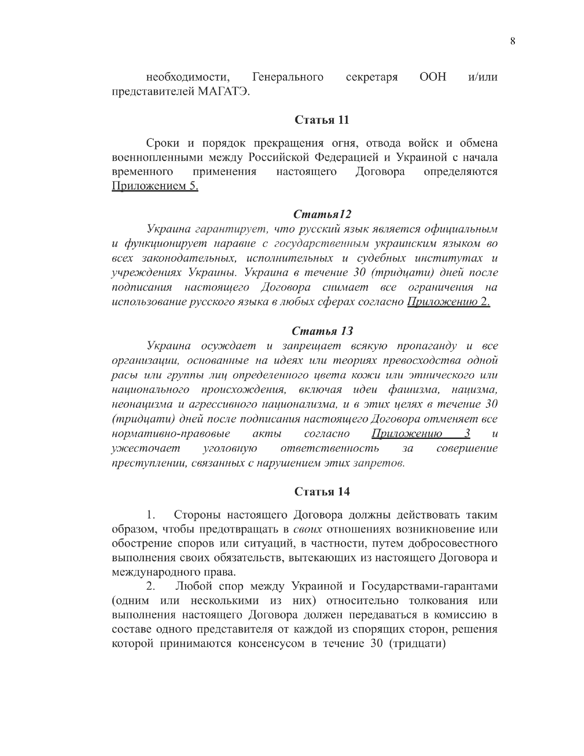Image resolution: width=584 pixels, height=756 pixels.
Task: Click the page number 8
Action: (x=513, y=41)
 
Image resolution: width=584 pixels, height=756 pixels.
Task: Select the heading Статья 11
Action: (x=322, y=120)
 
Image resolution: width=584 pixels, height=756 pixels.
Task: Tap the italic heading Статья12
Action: (x=322, y=214)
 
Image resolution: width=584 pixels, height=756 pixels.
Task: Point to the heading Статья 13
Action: (x=322, y=331)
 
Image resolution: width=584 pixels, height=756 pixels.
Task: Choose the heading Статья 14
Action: (x=322, y=492)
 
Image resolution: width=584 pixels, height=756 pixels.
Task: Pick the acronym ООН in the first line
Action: (x=432, y=77)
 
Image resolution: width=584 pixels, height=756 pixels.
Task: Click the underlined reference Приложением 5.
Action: (x=155, y=186)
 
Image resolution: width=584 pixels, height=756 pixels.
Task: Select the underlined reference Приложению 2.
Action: (x=448, y=302)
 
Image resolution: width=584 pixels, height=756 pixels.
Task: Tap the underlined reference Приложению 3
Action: (x=420, y=433)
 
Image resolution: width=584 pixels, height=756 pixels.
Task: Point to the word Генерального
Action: (x=288, y=77)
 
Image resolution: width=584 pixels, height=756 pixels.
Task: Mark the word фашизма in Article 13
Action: (x=415, y=390)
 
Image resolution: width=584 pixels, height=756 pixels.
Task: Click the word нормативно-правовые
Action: (x=170, y=433)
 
